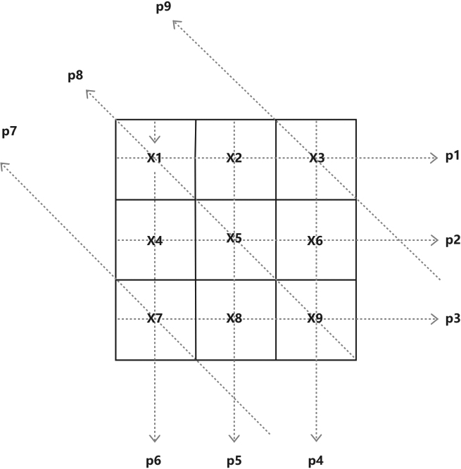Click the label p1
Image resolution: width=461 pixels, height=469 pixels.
453,156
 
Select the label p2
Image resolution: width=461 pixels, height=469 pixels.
453,240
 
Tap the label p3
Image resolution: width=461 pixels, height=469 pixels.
453,319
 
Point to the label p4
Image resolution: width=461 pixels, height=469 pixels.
316,461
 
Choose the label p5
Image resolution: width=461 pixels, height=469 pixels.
234,461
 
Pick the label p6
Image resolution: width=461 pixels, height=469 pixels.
153,461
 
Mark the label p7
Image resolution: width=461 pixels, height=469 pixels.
9,132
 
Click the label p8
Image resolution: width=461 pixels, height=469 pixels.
75,75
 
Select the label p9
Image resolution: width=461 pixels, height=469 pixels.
163,7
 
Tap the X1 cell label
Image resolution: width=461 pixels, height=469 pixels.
154,158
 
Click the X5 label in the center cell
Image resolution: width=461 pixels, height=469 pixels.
234,238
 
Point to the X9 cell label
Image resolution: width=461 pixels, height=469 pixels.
315,319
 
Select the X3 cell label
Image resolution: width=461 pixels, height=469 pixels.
316,158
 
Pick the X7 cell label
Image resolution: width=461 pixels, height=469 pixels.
155,318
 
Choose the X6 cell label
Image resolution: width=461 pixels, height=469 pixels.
315,240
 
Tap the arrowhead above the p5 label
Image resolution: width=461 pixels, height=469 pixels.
234,439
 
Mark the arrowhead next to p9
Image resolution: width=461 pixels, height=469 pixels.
177,24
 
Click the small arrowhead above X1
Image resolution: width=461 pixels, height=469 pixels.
155,139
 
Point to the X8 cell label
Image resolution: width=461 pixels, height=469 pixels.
234,318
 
